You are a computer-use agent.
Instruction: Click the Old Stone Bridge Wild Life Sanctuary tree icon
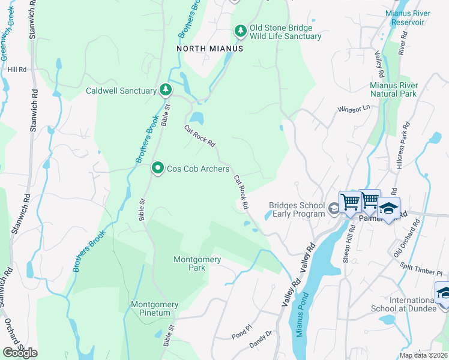pos(240,31)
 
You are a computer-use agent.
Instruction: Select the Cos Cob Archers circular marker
pos(158,169)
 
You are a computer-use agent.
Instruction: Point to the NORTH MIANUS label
pos(209,49)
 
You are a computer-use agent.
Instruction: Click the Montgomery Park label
pos(197,263)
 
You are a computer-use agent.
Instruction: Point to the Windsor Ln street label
pos(354,109)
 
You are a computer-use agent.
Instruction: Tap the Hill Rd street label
pos(17,70)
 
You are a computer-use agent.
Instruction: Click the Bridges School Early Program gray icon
pos(334,209)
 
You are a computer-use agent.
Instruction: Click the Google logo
pos(20,353)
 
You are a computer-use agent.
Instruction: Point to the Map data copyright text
pos(424,355)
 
